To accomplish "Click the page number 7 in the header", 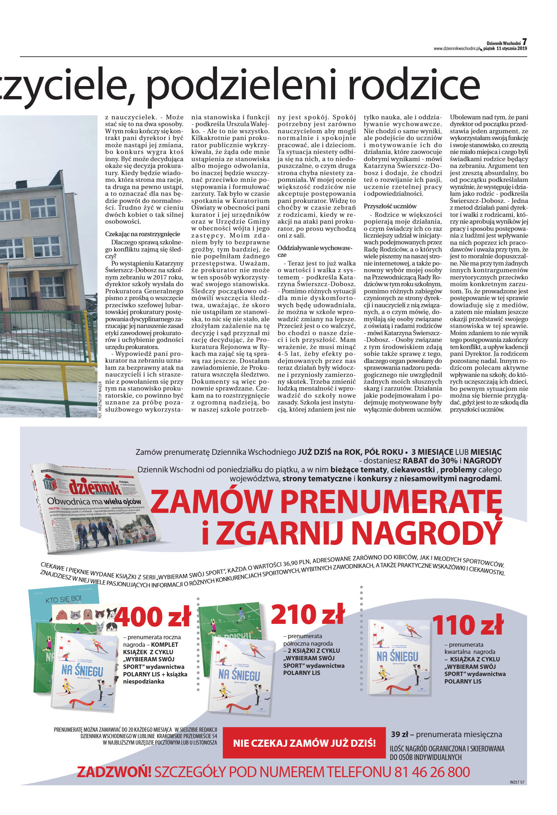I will click(x=524, y=42).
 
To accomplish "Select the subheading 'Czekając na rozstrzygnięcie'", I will click(x=143, y=234).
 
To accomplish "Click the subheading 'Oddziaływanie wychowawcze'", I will click(x=315, y=251).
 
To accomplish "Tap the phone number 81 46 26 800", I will click(x=432, y=772).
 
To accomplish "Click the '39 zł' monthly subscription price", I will click(x=399, y=735).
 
